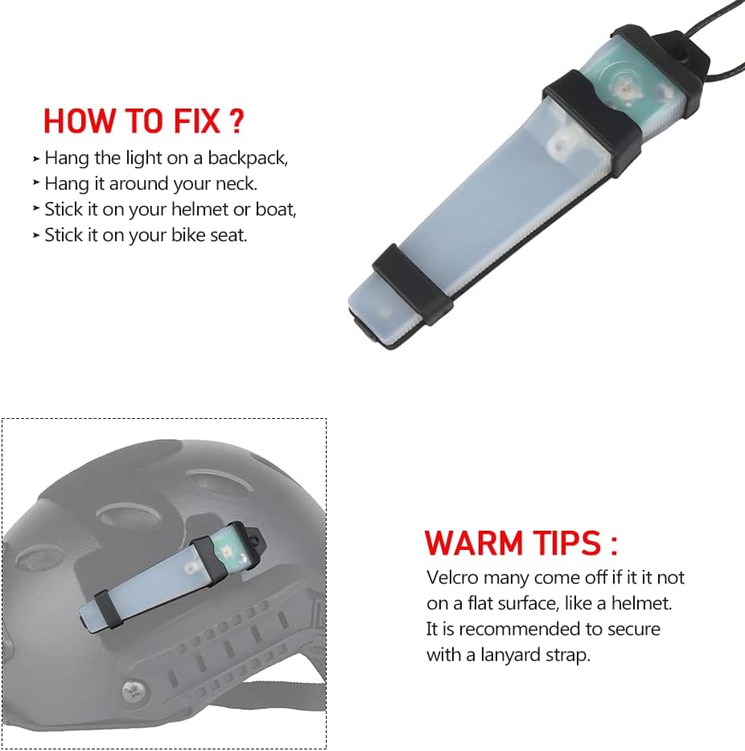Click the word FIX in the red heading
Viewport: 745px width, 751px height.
196,121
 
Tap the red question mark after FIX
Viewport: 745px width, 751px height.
237,121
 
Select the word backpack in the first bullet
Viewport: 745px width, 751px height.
247,158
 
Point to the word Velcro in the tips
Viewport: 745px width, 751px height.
452,577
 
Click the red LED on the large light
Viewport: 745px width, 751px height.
624,89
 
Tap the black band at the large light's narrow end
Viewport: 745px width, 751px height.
413,284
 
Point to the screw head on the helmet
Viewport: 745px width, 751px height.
131,690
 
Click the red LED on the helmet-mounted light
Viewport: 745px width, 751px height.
225,552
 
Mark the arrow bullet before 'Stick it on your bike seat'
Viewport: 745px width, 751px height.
36,235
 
